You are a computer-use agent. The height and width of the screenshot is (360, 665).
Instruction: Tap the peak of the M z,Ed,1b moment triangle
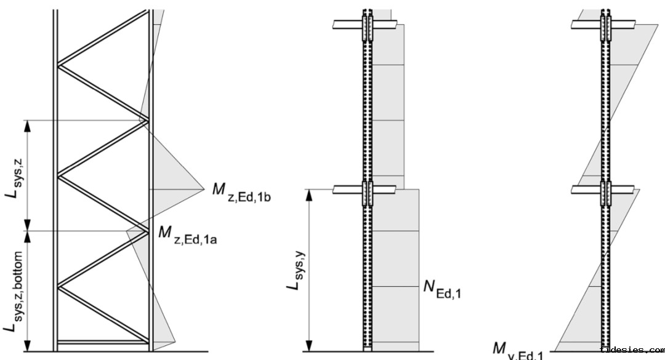pyautogui.click(x=203, y=190)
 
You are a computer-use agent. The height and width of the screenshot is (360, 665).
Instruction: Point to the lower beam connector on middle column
pyautogui.click(x=368, y=193)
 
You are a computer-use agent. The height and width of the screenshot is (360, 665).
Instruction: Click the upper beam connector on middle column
pyautogui.click(x=368, y=25)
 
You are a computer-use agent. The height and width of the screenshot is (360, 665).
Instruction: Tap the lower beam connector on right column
pyautogui.click(x=606, y=193)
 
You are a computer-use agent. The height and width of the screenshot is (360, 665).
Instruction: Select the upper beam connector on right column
pyautogui.click(x=606, y=25)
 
